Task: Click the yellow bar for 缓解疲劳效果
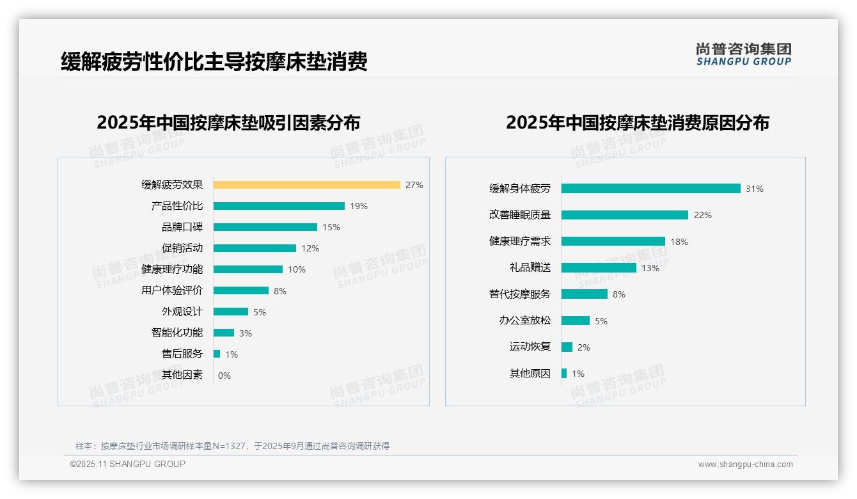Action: pos(306,185)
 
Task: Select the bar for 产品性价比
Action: pos(279,206)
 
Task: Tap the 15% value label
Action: pos(331,227)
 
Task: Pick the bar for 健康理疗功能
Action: pos(248,269)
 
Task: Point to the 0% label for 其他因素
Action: pos(224,376)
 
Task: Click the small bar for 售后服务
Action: pos(217,354)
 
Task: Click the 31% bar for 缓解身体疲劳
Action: pos(650,189)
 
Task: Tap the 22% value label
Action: pos(702,215)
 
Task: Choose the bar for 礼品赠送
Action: pos(599,268)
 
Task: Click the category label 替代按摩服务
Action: pos(519,294)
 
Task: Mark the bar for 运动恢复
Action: pos(567,347)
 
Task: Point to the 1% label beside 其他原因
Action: pos(578,374)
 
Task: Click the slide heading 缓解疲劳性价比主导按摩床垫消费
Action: pos(214,62)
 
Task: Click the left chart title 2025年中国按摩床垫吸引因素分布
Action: pos(228,122)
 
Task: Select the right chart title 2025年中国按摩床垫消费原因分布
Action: pos(637,122)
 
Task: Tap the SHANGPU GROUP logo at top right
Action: pos(743,54)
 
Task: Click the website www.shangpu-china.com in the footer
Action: pos(745,464)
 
